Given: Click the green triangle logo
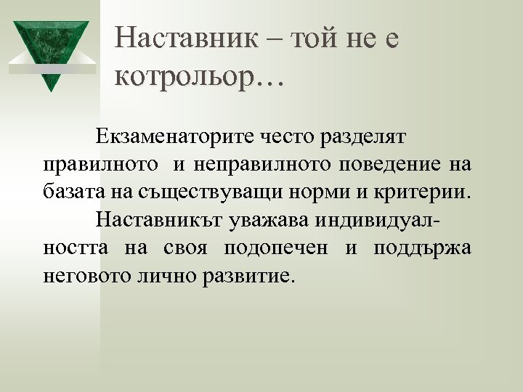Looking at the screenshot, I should point(51,51).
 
